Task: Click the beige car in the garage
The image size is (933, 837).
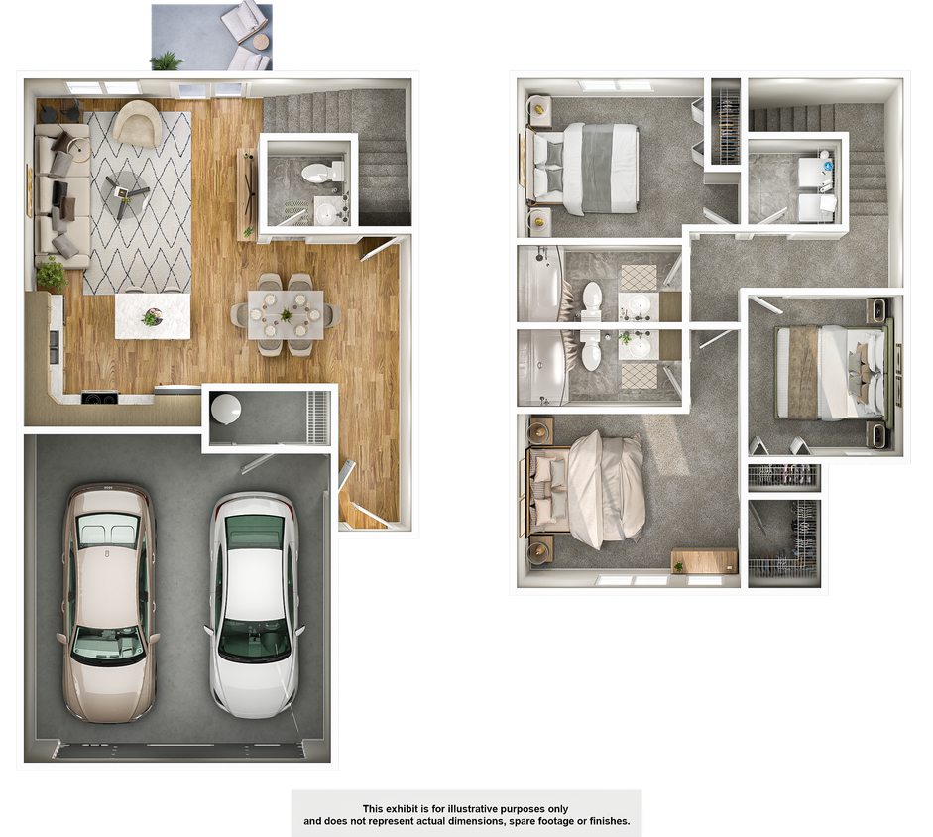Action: click(x=108, y=600)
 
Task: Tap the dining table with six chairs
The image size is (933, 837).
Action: click(x=286, y=313)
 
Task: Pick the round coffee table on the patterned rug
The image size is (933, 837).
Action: click(x=126, y=185)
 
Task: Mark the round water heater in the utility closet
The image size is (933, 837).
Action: click(x=226, y=408)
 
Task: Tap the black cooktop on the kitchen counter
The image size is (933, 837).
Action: click(x=99, y=399)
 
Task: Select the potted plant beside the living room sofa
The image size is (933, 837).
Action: click(x=51, y=274)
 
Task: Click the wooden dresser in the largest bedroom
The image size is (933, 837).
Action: click(x=704, y=560)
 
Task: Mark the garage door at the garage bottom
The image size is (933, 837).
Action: click(x=178, y=751)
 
